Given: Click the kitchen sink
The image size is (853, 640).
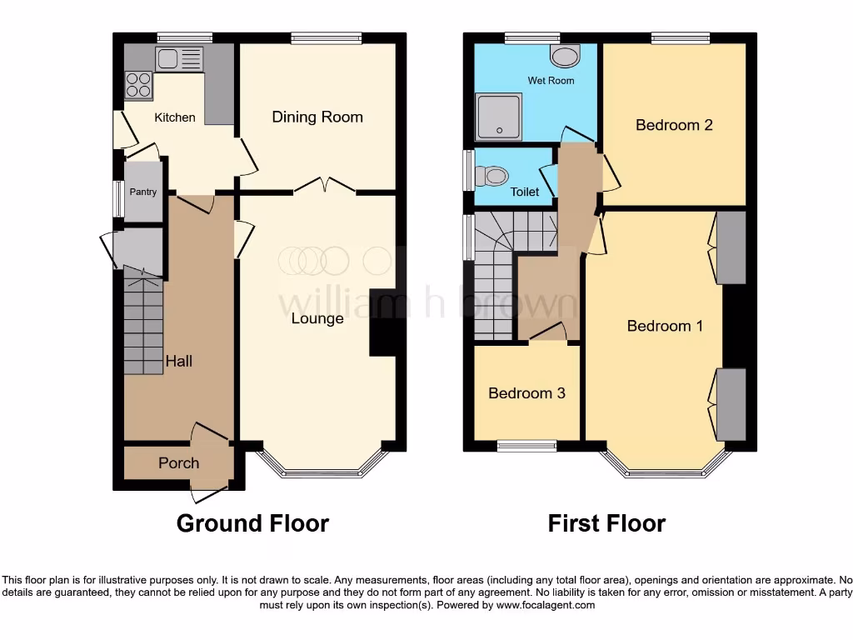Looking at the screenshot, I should (x=179, y=58).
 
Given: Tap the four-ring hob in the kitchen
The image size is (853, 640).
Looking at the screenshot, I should (x=138, y=86).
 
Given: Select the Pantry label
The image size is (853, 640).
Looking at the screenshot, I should (x=143, y=192).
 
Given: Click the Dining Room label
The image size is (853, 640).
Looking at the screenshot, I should (x=317, y=117).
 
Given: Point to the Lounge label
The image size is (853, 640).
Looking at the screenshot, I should (x=317, y=318).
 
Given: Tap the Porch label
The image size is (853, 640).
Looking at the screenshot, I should (x=178, y=462).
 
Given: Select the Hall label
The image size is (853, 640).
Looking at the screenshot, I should (x=179, y=361).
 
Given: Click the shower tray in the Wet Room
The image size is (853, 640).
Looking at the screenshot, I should (x=498, y=117).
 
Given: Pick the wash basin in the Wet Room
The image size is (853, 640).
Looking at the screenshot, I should (x=566, y=56).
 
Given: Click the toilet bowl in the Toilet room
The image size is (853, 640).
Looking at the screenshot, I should (x=492, y=176).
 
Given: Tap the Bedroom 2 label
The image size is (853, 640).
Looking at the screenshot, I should (x=674, y=125).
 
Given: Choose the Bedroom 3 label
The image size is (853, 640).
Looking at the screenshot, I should (x=526, y=392).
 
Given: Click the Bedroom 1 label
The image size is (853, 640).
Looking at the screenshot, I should (x=665, y=326).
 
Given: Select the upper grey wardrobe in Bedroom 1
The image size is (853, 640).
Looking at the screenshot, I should (x=731, y=247).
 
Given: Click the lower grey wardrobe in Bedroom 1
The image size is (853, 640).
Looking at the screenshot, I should (x=731, y=405).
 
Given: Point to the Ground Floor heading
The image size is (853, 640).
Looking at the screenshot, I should (x=252, y=523).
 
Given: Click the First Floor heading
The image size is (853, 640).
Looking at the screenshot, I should (x=606, y=523).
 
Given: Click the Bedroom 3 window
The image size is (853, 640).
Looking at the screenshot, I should (x=526, y=447).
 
